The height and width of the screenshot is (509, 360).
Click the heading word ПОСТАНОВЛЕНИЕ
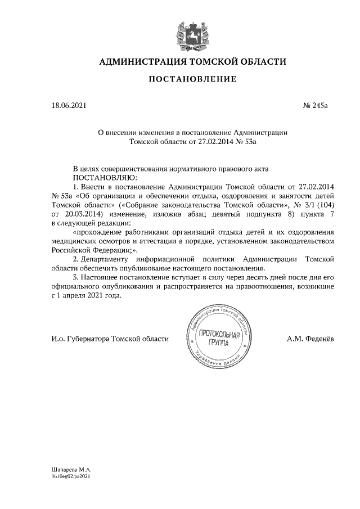click(x=192, y=80)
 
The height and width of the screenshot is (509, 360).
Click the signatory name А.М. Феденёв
click(x=311, y=339)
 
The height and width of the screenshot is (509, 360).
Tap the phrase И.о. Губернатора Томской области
click(x=110, y=339)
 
